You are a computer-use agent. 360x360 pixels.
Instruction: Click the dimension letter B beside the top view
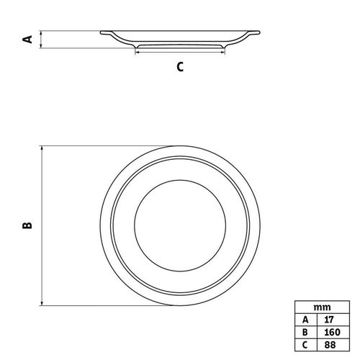point(27,225)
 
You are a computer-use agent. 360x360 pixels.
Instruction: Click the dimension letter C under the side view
point(180,67)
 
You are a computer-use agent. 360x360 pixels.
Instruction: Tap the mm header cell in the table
point(322,307)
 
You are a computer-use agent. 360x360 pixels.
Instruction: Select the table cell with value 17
point(333,320)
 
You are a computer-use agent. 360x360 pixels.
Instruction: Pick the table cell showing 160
point(333,332)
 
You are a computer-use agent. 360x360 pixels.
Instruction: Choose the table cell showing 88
point(333,345)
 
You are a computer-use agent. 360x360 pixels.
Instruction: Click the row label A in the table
point(306,320)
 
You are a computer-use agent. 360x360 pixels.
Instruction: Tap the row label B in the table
point(306,332)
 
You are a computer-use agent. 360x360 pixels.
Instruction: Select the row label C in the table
point(306,345)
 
